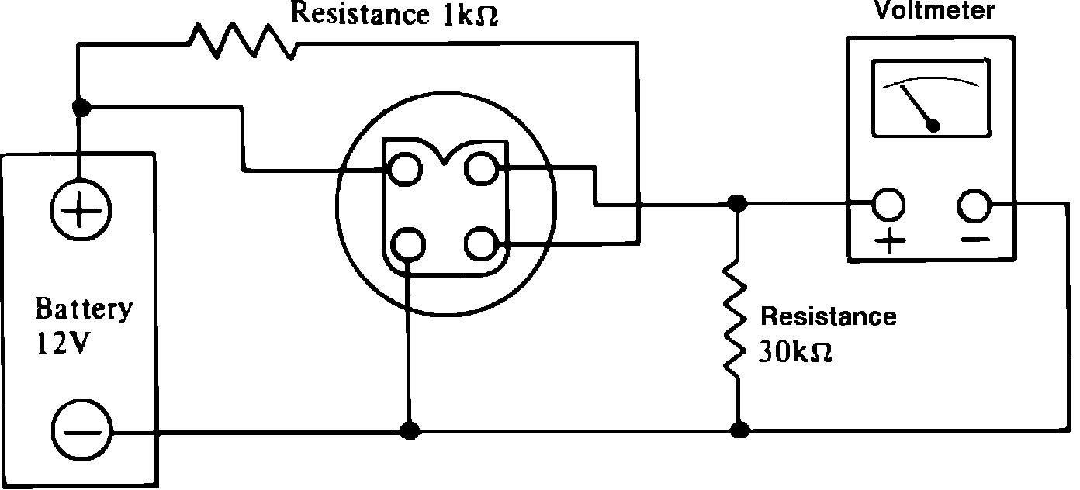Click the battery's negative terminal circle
(x=81, y=430)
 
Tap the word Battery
(x=84, y=309)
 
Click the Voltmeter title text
(x=934, y=10)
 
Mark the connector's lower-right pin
(x=481, y=244)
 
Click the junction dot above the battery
(x=79, y=105)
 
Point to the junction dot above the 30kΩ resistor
(x=738, y=204)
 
